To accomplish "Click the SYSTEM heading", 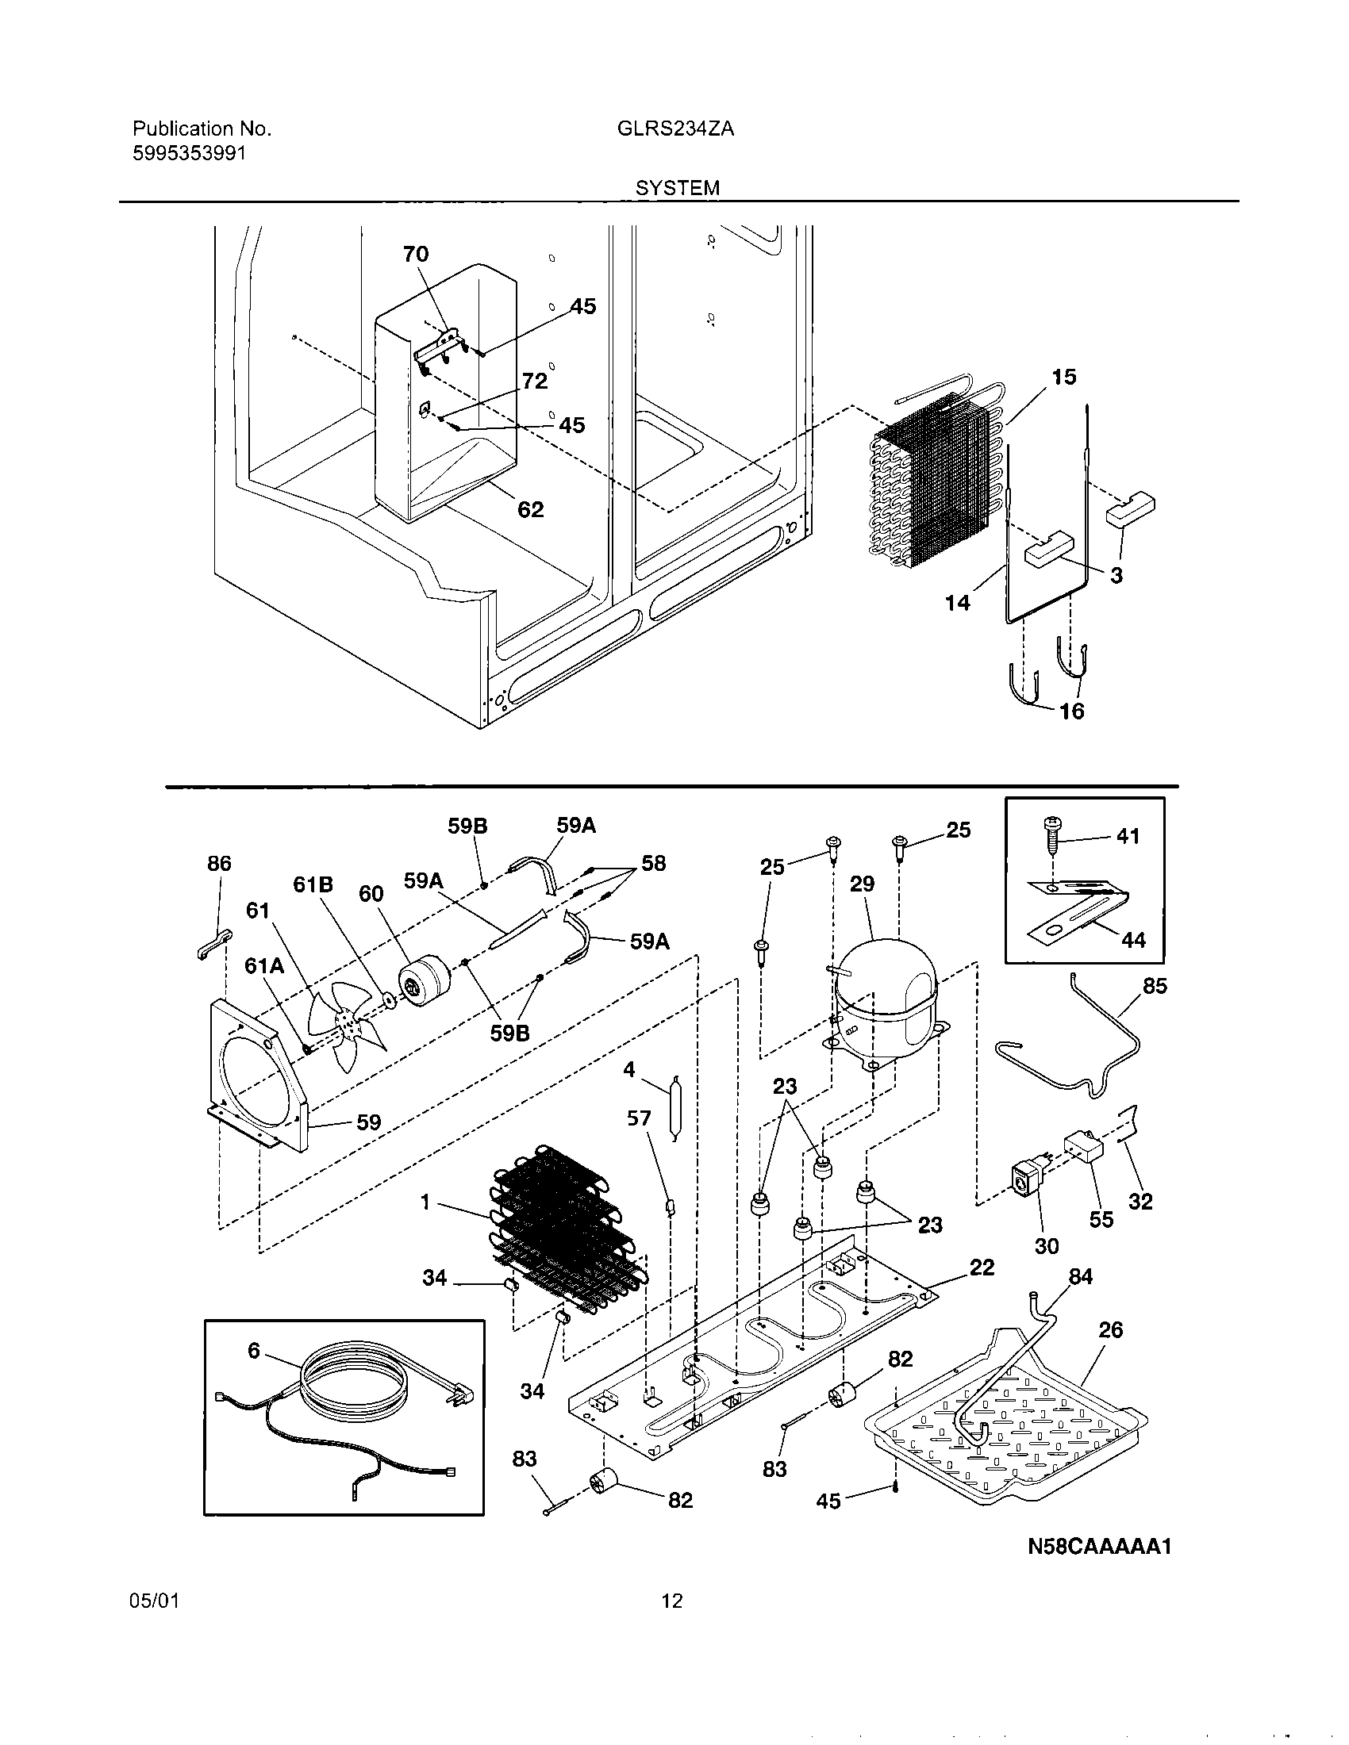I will pyautogui.click(x=677, y=188).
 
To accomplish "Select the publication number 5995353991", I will pyautogui.click(x=189, y=153).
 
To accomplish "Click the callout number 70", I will pyautogui.click(x=416, y=254).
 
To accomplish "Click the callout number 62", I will pyautogui.click(x=531, y=510).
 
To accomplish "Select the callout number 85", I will pyautogui.click(x=1155, y=986).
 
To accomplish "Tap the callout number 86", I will pyautogui.click(x=219, y=863).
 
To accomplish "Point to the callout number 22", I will pyautogui.click(x=982, y=1268).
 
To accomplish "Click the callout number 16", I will pyautogui.click(x=1072, y=711).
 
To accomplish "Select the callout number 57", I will pyautogui.click(x=639, y=1118).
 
